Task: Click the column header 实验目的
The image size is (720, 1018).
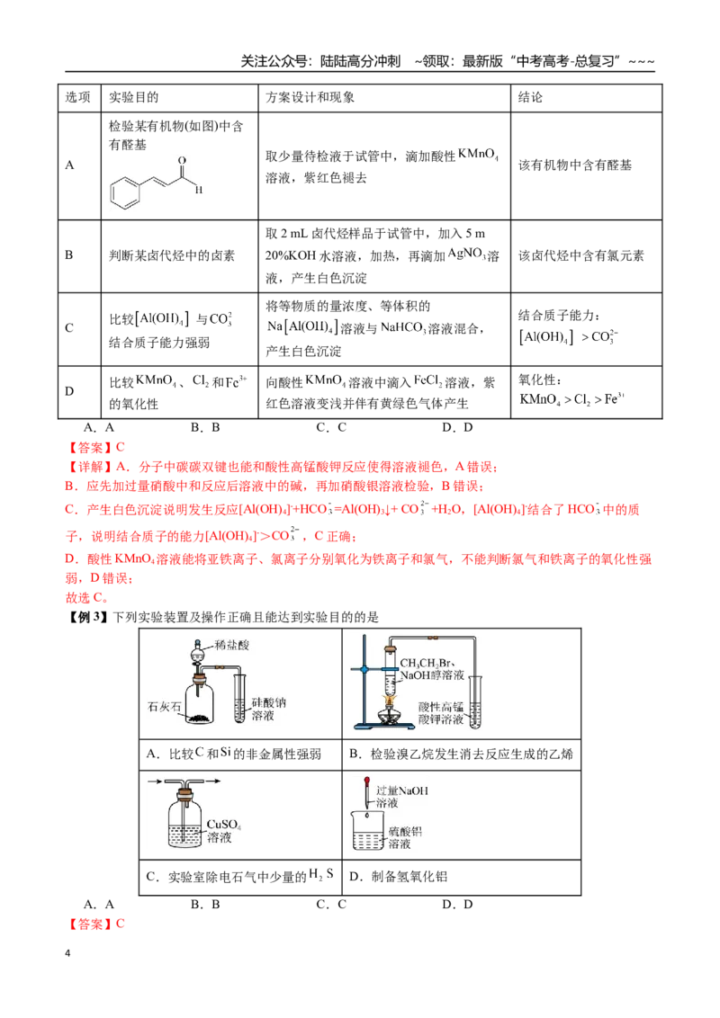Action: click(x=133, y=97)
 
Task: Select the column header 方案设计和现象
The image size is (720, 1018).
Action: click(x=310, y=97)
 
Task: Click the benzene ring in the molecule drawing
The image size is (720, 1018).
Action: click(x=125, y=193)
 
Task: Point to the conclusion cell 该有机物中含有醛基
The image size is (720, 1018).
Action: click(x=574, y=165)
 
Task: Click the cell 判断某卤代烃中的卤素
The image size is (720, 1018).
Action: click(x=172, y=255)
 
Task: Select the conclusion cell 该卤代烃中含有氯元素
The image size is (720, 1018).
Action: click(x=580, y=255)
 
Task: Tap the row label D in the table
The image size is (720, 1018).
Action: click(x=69, y=391)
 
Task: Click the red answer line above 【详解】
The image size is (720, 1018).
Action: click(x=94, y=447)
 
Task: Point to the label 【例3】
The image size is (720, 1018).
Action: click(x=86, y=617)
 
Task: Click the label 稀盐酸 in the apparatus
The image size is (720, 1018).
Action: click(x=232, y=645)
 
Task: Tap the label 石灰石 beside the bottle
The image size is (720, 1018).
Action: click(x=165, y=706)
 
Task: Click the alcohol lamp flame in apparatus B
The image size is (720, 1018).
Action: click(x=389, y=701)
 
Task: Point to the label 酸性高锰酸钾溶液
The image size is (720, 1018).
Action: click(x=441, y=713)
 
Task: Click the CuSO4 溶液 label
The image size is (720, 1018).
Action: click(x=224, y=831)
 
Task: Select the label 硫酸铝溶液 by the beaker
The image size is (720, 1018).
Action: click(x=404, y=837)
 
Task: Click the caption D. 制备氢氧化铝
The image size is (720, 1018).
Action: click(x=399, y=877)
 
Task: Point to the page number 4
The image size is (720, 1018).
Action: click(x=67, y=953)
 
